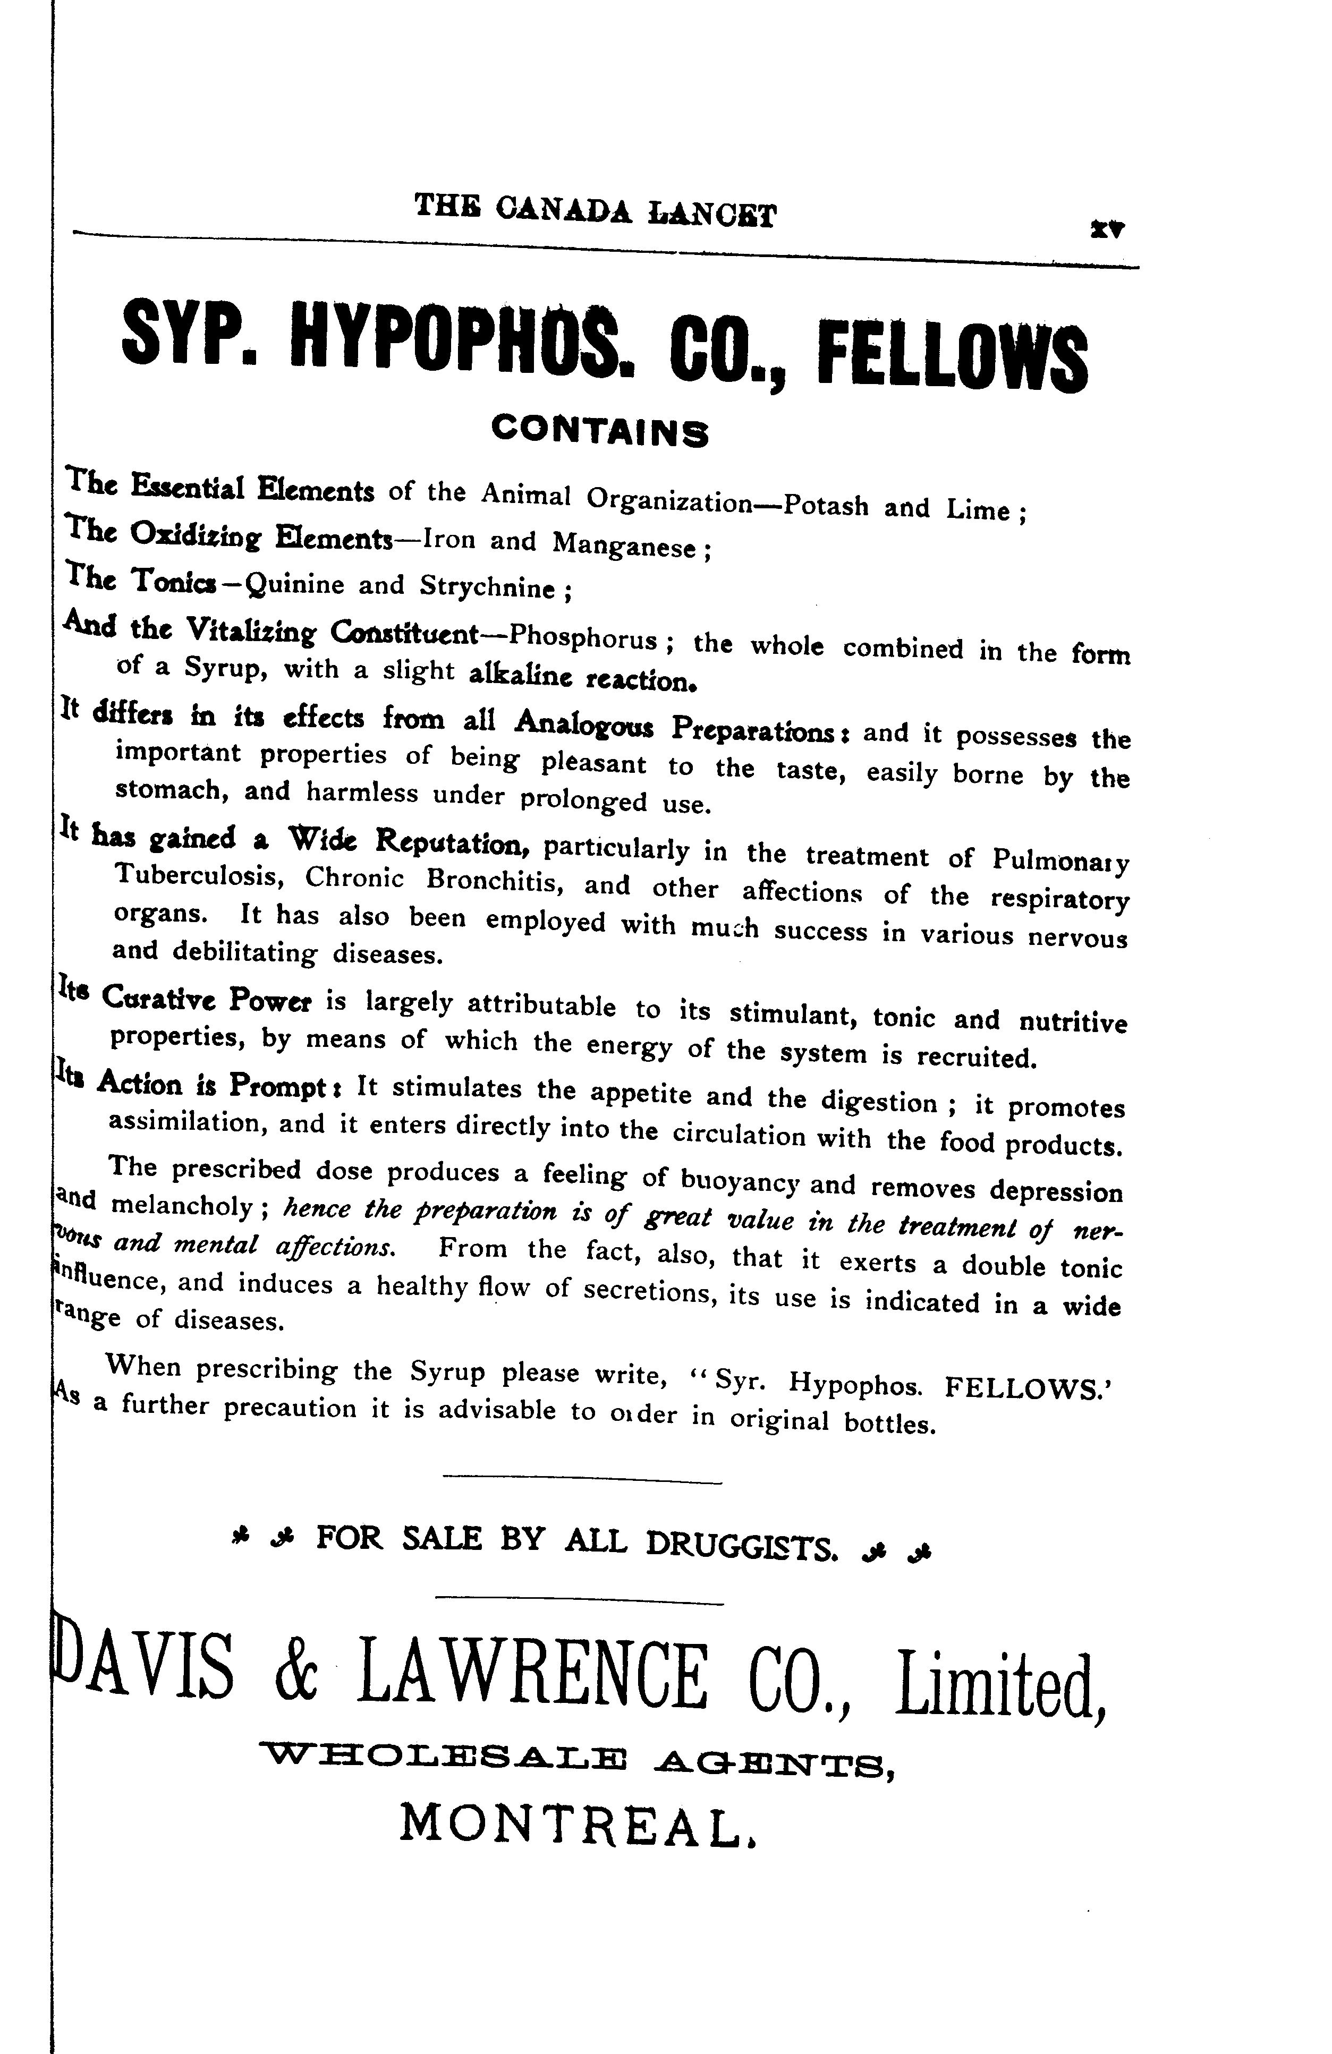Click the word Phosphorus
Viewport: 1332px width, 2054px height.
(583, 638)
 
